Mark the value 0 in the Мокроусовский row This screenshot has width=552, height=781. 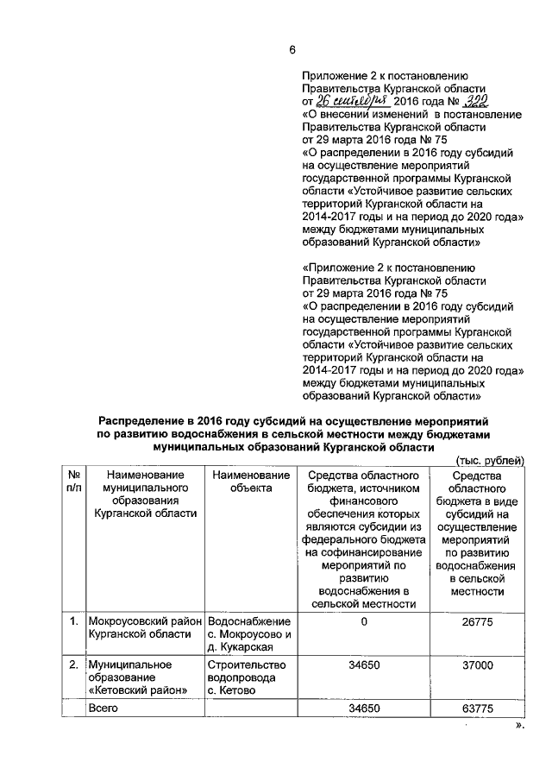pos(364,620)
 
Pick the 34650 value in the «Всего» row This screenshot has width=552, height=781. pos(364,708)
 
